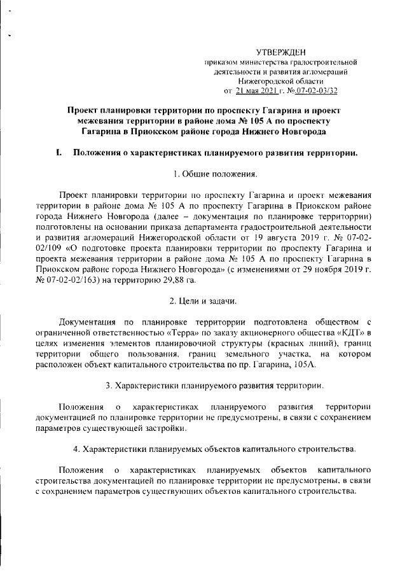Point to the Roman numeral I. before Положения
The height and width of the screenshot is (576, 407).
coord(58,152)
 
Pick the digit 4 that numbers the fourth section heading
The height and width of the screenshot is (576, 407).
coord(76,450)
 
